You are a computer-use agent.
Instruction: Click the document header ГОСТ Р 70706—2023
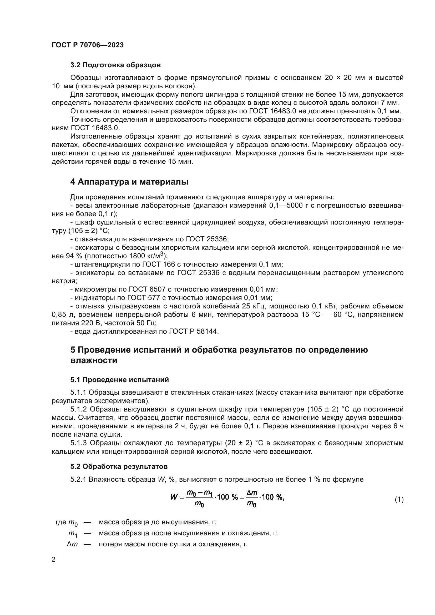coord(88,45)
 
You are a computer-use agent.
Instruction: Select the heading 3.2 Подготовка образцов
coord(115,65)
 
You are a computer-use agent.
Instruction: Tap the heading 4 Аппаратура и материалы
coord(129,182)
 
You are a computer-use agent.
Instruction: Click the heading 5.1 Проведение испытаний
coord(119,380)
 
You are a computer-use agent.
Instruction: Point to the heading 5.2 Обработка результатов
coord(119,467)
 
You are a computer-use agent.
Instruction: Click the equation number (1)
coord(399,500)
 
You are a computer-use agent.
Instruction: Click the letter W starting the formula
coord(174,497)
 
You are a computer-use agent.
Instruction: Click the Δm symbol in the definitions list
coord(72,544)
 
